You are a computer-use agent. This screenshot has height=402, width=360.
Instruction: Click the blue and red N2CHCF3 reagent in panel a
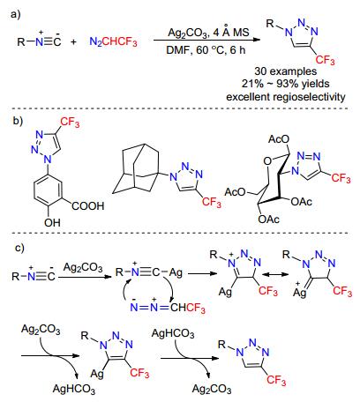tap(113, 41)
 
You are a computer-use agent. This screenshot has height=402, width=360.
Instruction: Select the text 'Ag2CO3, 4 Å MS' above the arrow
tap(208, 32)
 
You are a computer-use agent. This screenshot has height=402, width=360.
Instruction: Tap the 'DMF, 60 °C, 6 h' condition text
tap(206, 50)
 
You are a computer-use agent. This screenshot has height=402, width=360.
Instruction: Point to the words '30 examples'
tap(286, 71)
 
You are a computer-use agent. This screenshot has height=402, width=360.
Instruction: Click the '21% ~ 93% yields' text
tap(285, 84)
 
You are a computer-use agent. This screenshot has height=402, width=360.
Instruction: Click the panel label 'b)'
tap(18, 121)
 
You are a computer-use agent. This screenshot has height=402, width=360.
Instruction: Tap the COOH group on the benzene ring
tap(88, 205)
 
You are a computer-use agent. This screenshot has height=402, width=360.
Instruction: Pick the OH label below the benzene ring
tap(53, 223)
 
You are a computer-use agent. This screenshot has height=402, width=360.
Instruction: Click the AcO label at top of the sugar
tap(279, 139)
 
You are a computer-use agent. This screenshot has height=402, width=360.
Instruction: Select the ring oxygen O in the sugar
tap(267, 161)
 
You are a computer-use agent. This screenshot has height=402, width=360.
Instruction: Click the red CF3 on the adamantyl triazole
tap(212, 202)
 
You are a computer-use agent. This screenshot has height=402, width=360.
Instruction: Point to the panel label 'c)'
tap(19, 248)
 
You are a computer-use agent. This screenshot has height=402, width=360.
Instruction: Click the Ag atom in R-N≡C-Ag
tap(176, 272)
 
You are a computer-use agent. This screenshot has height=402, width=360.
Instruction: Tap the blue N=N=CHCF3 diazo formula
tap(168, 308)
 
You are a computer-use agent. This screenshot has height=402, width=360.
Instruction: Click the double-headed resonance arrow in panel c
tap(275, 274)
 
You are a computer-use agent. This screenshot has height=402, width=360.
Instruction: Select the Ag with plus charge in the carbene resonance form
tap(300, 291)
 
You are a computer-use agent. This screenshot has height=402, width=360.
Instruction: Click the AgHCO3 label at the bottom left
tap(74, 389)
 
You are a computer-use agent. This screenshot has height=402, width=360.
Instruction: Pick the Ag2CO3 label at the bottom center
tap(212, 389)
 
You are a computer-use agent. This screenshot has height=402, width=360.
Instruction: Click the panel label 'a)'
tap(16, 14)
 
